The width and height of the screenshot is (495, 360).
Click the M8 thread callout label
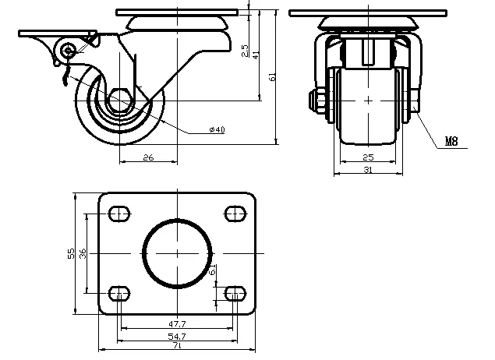[451, 142]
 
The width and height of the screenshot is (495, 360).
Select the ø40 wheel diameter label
[217, 130]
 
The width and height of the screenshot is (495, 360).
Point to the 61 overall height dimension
[272, 77]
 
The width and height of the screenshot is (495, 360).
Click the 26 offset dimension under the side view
[148, 157]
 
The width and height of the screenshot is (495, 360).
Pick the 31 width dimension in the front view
[369, 169]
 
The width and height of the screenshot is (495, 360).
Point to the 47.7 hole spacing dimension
[179, 323]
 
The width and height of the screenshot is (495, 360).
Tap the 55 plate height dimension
[72, 252]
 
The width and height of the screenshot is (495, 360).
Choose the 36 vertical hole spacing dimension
[83, 252]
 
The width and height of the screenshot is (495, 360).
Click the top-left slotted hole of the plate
[120, 213]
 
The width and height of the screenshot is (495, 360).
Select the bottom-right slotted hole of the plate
[235, 293]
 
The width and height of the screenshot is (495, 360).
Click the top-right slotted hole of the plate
[235, 213]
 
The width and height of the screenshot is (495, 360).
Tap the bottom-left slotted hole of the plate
[120, 293]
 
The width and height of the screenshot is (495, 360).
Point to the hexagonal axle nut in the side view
[122, 101]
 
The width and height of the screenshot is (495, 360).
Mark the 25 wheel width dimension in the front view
[369, 157]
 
